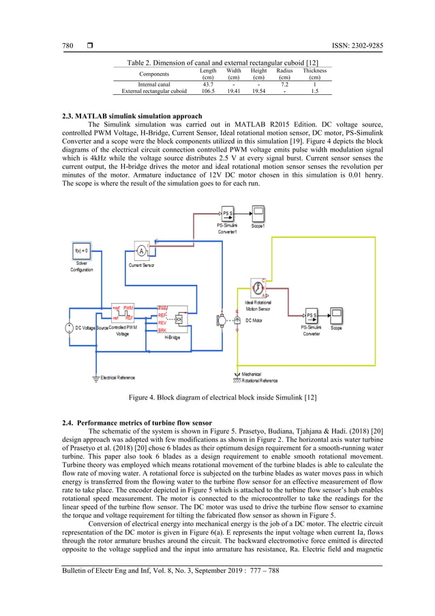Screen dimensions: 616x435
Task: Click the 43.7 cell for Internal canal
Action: pos(208,83)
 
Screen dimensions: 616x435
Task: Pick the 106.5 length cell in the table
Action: pos(208,90)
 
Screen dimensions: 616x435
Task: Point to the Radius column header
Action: pos(285,74)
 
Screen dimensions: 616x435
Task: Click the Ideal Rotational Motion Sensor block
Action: pos(257,287)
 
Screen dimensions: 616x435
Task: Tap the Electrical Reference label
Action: pos(117,378)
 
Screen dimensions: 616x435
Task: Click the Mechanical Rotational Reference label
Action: pos(260,377)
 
